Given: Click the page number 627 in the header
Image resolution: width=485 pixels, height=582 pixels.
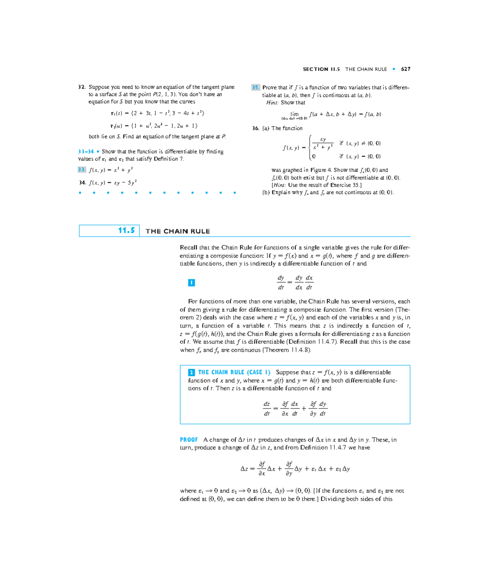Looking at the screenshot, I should point(405,69).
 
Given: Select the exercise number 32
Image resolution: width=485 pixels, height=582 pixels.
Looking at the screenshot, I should point(82,87).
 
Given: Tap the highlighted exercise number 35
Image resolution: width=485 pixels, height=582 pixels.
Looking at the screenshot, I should point(255,87).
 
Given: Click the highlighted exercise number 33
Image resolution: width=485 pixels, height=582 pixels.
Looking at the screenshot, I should point(82,170).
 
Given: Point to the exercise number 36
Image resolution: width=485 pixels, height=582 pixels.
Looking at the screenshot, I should point(255,128).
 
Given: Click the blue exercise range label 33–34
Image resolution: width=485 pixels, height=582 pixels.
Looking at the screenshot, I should point(86,152).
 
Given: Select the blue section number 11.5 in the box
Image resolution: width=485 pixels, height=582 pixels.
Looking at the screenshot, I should point(126,231).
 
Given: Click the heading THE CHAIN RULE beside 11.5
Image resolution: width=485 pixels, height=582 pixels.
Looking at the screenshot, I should point(177,231).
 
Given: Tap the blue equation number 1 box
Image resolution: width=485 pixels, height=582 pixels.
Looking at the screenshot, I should point(192,283).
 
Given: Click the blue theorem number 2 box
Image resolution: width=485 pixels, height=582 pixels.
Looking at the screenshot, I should point(192,372).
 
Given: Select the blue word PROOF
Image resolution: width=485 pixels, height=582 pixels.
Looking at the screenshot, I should point(189,440).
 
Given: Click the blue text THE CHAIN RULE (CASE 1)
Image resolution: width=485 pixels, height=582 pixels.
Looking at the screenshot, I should point(234,372).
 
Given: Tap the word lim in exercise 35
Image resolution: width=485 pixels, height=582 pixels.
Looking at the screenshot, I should point(294,114).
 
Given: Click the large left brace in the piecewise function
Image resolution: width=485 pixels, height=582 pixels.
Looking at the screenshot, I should point(310,148).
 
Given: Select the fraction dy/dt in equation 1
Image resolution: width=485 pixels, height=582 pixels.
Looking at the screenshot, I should point(280,283).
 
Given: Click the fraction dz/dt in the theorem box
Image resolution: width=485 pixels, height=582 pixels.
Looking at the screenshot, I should point(267,408).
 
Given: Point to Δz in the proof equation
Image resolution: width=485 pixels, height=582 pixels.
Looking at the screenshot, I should point(244,469).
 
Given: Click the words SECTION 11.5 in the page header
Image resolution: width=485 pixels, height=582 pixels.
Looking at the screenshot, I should point(321,69).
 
